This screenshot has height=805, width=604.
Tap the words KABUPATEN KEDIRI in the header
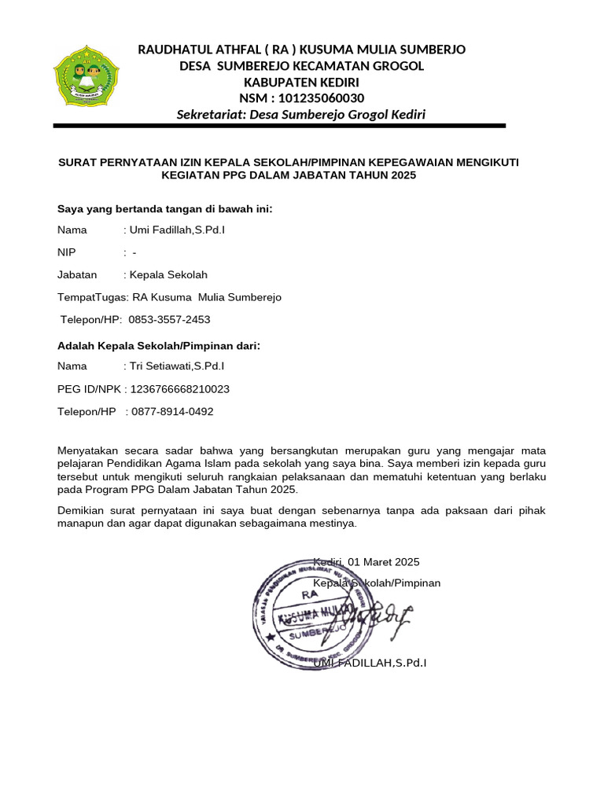[301, 82]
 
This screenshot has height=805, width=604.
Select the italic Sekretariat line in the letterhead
[301, 115]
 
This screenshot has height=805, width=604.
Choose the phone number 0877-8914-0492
[172, 412]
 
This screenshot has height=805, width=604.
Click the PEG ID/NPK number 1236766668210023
[180, 389]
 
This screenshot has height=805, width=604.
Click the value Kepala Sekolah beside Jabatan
[168, 275]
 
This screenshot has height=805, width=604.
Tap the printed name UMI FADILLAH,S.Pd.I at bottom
[370, 663]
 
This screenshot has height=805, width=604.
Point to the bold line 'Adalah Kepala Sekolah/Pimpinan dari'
[159, 345]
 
